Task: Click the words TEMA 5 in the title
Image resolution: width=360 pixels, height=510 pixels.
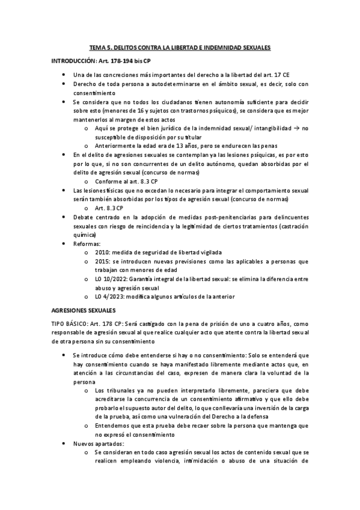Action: pos(99,46)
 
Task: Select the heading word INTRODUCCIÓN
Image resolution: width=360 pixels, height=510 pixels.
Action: pos(73,61)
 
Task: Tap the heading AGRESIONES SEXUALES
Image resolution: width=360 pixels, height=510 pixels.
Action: pos(82,309)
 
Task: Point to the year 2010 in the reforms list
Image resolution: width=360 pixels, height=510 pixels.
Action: pos(104,254)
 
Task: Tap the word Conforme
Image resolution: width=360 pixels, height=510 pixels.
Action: pos(109,180)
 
